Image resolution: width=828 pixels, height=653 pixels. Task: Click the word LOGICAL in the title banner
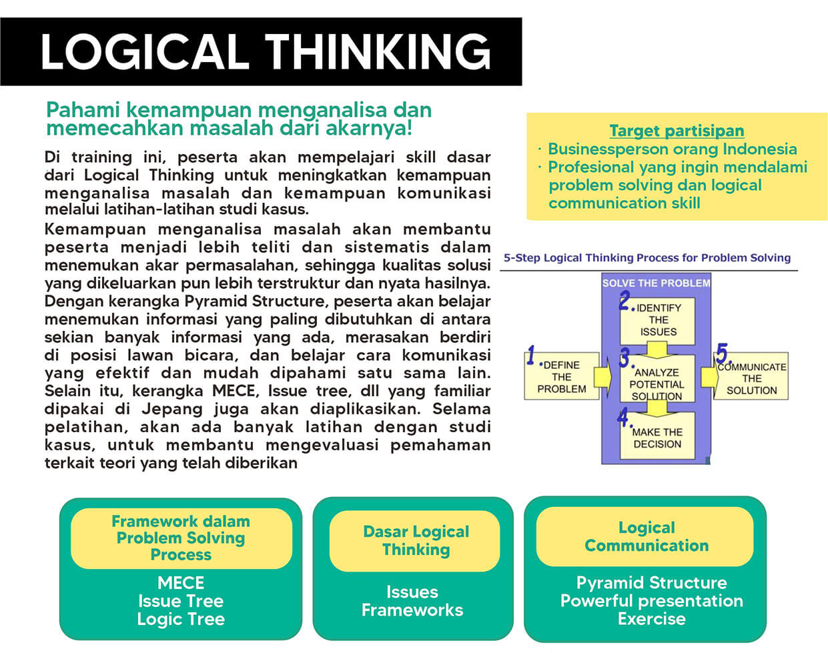145,51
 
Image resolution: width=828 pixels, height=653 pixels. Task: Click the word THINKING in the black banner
378,51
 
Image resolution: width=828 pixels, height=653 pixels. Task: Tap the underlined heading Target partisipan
677,131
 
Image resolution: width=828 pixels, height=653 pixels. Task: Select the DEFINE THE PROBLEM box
562,376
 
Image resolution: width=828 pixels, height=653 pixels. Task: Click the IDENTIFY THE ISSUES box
658,321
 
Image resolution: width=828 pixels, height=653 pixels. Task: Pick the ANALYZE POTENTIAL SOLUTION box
658,378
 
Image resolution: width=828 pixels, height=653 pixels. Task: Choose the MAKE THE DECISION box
658,435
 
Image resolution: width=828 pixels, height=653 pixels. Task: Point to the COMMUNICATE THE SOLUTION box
751,376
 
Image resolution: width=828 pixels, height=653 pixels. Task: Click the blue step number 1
531,355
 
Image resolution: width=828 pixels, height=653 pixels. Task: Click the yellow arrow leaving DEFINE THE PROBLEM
603,377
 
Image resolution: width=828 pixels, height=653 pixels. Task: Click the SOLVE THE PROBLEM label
657,283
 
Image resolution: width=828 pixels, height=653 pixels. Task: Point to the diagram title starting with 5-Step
647,258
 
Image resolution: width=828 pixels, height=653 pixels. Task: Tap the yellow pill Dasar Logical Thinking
415,541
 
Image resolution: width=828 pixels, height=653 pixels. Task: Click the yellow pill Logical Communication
645,536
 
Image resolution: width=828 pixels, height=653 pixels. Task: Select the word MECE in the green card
181,583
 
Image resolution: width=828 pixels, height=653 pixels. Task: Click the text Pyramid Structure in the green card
652,583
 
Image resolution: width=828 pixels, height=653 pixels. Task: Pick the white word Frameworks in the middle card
412,610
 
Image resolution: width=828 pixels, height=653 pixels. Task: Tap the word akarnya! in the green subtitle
369,129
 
